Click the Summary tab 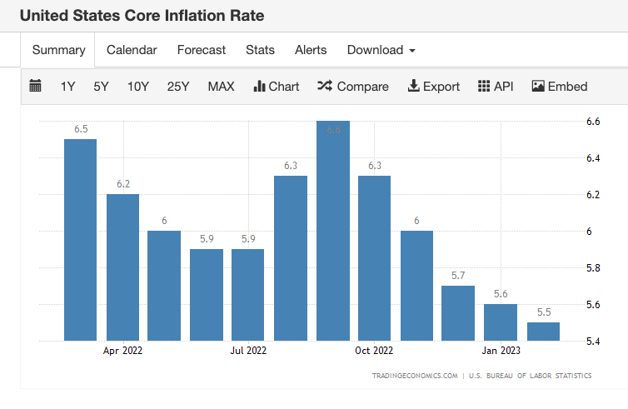pos(58,50)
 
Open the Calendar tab pos(132,50)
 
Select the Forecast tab pos(201,50)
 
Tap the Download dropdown pos(381,50)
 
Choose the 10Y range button pos(138,87)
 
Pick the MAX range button pos(221,87)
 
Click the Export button pos(433,87)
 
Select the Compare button pos(352,87)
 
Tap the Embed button pos(559,87)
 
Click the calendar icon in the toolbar pos(35,86)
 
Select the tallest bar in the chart pos(333,233)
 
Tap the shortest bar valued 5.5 pos(543,332)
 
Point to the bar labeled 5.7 pos(458,313)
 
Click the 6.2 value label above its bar pos(123,184)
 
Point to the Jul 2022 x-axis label pos(248,351)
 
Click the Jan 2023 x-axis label pos(501,351)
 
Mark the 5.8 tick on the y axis pos(593,268)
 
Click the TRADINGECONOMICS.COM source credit pos(415,376)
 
